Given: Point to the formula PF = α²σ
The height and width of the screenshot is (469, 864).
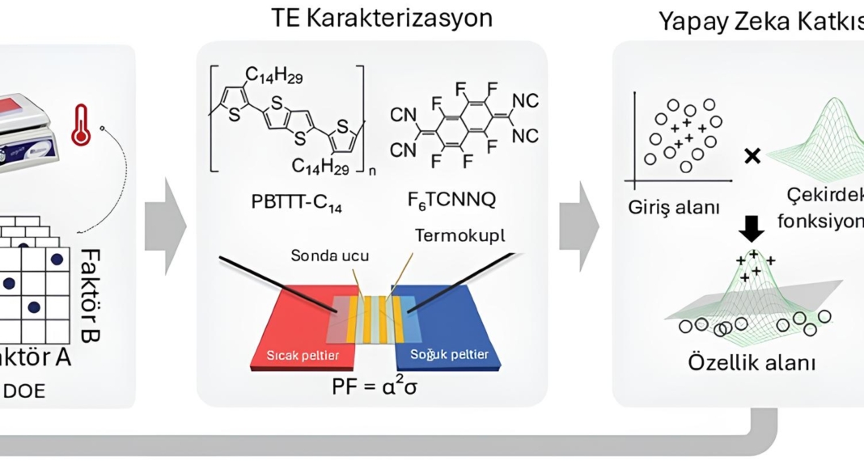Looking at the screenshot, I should tap(374, 386).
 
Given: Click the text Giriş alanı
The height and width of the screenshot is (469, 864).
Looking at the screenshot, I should tap(674, 206).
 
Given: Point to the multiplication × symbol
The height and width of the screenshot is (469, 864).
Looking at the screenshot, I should tap(752, 156).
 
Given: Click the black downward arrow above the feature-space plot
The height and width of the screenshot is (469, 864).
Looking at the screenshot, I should tap(752, 230).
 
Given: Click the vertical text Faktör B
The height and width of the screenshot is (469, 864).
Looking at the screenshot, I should tap(90, 295).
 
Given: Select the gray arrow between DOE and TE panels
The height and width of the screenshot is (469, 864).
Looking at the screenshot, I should tap(165, 223).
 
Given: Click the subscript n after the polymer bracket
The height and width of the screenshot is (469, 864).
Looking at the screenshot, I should tap(371, 171).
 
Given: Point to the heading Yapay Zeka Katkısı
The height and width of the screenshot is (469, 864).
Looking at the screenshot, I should tap(760, 21).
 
